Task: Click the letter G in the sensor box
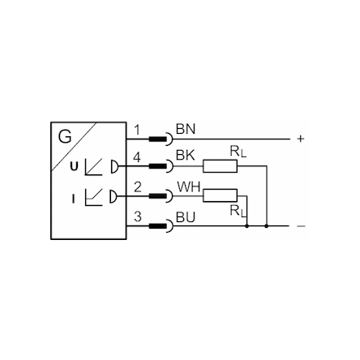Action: point(65,136)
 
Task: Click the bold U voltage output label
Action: point(74,166)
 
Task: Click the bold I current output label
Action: point(73,199)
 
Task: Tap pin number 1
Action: point(137,130)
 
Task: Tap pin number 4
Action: point(137,157)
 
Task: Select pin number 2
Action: point(138,187)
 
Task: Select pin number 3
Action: point(138,216)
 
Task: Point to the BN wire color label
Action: point(186,129)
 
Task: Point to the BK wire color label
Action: point(186,156)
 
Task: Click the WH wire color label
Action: point(189,186)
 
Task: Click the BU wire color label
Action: point(186,217)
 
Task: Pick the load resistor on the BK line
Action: point(220,166)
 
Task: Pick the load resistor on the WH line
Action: point(220,195)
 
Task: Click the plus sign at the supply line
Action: point(301,139)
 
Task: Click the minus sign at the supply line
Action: point(301,226)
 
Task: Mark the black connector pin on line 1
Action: point(158,139)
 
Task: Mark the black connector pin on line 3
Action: point(158,226)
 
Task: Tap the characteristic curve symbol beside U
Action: point(93,167)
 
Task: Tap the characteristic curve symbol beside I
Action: point(93,197)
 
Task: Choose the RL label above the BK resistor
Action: point(238,152)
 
